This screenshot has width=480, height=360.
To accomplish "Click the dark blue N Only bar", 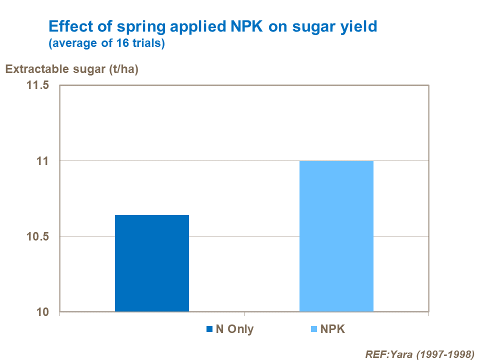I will [152, 263].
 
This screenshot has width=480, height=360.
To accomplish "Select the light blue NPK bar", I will [336, 236].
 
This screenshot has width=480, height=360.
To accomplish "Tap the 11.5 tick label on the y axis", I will [37, 85].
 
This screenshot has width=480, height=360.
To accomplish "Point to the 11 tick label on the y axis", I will [42, 161].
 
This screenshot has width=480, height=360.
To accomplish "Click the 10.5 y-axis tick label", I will [37, 236].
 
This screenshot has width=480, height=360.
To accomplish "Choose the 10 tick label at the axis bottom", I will [42, 312].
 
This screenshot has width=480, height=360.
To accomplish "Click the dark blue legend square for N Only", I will [209, 329].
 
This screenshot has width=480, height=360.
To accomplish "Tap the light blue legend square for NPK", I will [314, 329].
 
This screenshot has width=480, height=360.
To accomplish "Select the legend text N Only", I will [234, 329].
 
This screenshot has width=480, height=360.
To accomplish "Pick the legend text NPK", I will [333, 329].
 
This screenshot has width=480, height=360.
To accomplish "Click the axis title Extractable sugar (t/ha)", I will [71, 69].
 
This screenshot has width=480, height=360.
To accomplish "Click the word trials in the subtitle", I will [143, 43].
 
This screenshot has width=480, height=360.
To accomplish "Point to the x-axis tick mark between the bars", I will [244, 314].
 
